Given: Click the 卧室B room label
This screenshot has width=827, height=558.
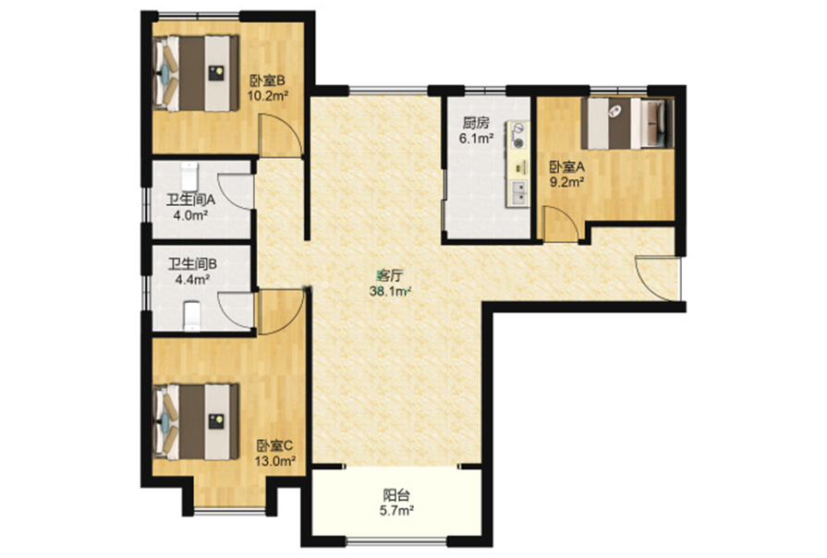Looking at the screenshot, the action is [267, 81].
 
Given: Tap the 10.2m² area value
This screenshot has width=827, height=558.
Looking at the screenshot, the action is [267, 96].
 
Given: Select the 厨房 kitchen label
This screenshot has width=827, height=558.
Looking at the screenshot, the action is [476, 124].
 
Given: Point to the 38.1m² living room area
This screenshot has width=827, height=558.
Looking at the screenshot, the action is [390, 291].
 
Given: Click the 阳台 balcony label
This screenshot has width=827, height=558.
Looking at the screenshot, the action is [396, 495].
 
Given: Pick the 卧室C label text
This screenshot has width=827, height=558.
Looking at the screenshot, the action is [274, 446].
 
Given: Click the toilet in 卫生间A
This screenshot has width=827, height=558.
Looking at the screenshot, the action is [189, 176].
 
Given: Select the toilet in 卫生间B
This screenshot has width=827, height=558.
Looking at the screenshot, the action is [192, 316].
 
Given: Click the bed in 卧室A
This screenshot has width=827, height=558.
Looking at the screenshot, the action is [627, 124].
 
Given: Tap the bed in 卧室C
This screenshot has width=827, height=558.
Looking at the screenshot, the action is [196, 421].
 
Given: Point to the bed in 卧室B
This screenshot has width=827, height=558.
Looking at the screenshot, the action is [196, 73].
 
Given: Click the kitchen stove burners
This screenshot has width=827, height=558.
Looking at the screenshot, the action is [518, 135].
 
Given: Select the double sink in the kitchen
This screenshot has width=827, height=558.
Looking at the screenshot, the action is [519, 192].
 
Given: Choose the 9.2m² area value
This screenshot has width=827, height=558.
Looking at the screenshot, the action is [567, 183].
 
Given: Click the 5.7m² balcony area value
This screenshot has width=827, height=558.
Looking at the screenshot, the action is [396, 511].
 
